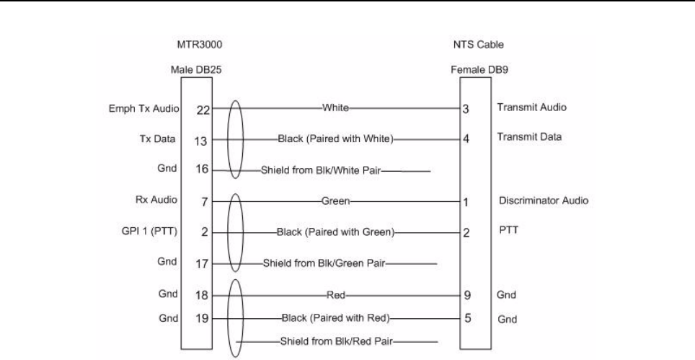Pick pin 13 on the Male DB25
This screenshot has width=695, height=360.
(x=202, y=140)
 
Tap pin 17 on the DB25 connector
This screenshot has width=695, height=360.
(x=202, y=264)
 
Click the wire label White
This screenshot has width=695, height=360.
(x=335, y=108)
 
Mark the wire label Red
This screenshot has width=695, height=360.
(x=336, y=295)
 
